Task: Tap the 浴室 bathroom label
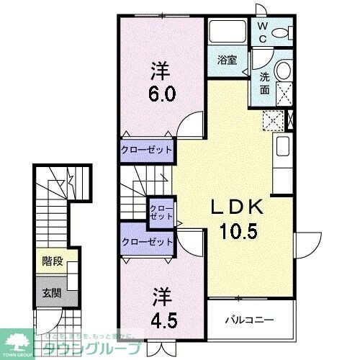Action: tap(227, 60)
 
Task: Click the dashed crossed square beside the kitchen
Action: tap(272, 120)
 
